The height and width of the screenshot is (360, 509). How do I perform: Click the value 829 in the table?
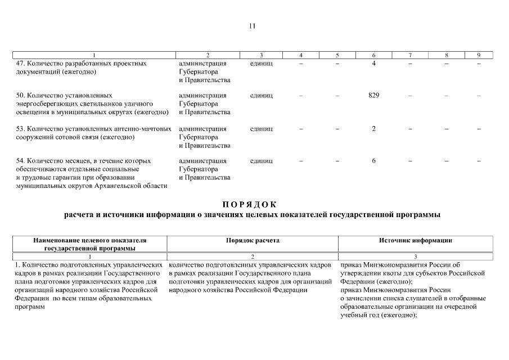pyautogui.click(x=373, y=96)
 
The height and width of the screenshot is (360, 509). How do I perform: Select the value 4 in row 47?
pyautogui.click(x=373, y=64)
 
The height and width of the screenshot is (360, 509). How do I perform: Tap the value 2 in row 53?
pyautogui.click(x=373, y=129)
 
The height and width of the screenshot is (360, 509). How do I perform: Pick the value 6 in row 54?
pyautogui.click(x=373, y=161)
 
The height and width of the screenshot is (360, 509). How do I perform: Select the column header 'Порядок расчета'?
pyautogui.click(x=253, y=240)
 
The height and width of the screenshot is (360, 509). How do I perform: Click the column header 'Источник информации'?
pyautogui.click(x=416, y=240)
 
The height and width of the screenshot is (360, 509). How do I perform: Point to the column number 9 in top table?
pyautogui.click(x=478, y=55)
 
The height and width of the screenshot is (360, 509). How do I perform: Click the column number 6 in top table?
pyautogui.click(x=373, y=55)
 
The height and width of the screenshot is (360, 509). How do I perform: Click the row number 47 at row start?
pyautogui.click(x=21, y=64)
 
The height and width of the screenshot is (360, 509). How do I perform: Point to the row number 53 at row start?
pyautogui.click(x=21, y=129)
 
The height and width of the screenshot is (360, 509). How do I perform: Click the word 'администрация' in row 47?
pyautogui.click(x=202, y=64)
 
